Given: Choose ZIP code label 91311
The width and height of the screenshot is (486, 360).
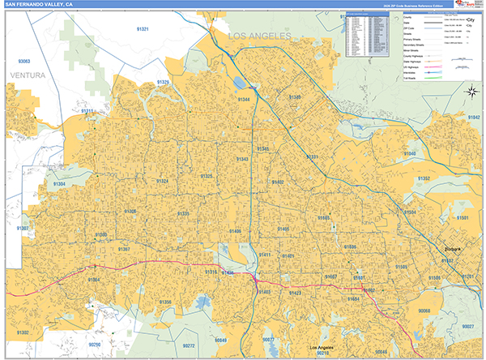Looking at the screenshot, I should [x=87, y=111].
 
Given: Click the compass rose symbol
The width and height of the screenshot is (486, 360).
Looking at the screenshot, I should [x=470, y=91].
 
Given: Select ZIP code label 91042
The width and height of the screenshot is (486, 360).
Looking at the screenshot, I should [x=472, y=118].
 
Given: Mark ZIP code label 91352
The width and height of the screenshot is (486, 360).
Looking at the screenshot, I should [x=424, y=178].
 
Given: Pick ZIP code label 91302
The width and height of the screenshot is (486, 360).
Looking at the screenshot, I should [x=22, y=332].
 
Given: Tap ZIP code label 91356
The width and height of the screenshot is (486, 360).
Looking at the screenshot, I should [x=165, y=302].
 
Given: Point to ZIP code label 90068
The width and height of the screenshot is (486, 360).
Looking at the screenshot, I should [x=424, y=311].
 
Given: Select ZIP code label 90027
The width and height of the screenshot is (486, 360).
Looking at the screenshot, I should [x=467, y=326].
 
